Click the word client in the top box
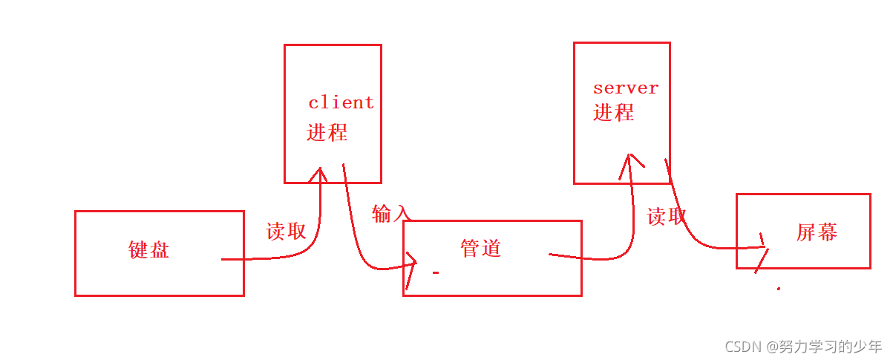341,102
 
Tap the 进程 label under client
327,133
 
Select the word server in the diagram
625,88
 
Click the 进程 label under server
613,113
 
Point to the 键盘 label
148,249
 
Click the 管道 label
480,249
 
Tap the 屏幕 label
817,233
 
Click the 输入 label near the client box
390,214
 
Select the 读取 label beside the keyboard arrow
286,232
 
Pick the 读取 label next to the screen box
666,217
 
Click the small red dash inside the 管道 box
436,273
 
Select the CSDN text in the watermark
743,346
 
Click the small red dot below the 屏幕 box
778,288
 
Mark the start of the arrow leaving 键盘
223,259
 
